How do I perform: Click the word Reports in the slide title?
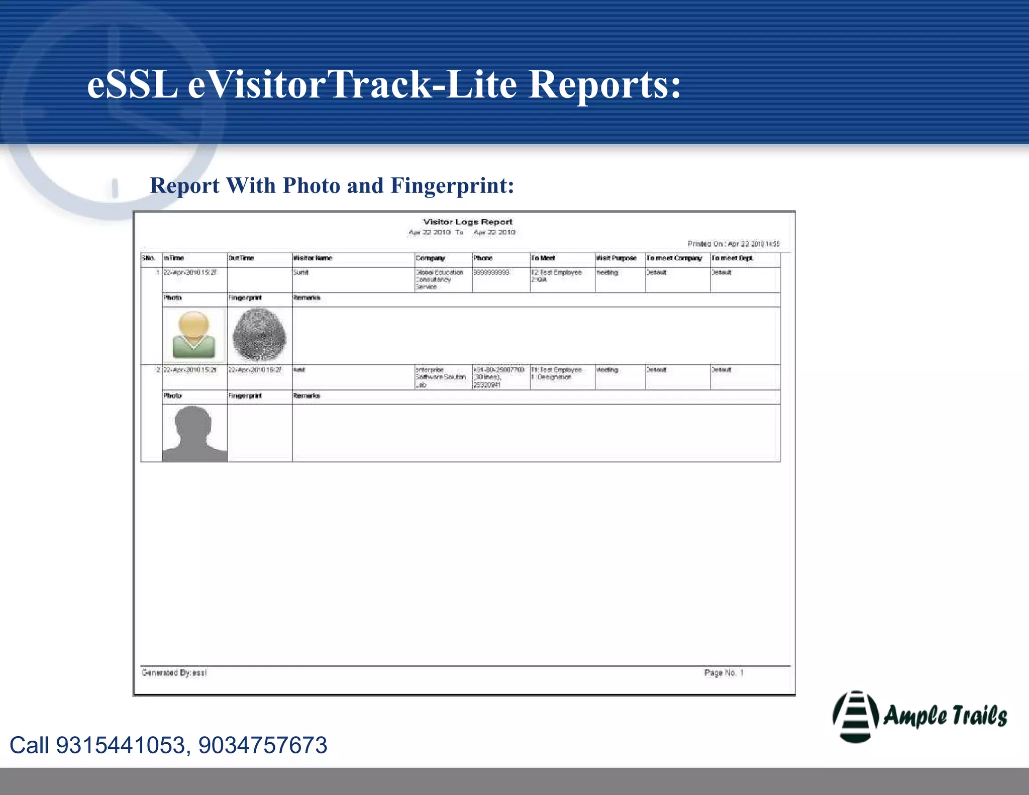coord(604,84)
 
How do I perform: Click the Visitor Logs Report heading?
coord(467,222)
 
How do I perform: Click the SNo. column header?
coord(149,258)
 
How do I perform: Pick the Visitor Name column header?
coord(313,258)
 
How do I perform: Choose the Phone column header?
coord(483,258)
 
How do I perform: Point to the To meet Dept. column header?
coord(732,258)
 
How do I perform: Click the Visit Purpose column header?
coord(616,258)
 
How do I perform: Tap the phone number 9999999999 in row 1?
coord(491,272)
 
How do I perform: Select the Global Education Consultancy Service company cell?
coord(439,279)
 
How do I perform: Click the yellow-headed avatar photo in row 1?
coord(194,335)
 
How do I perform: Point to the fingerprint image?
coord(259,335)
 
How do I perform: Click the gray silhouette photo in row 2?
coord(194,433)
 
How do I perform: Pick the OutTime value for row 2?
coord(255,370)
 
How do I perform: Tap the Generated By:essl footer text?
coord(174,672)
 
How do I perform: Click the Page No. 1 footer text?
coord(724,672)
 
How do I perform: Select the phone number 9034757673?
coord(263,745)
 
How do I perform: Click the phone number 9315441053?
coord(121,745)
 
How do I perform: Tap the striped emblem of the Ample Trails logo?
coord(855,716)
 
